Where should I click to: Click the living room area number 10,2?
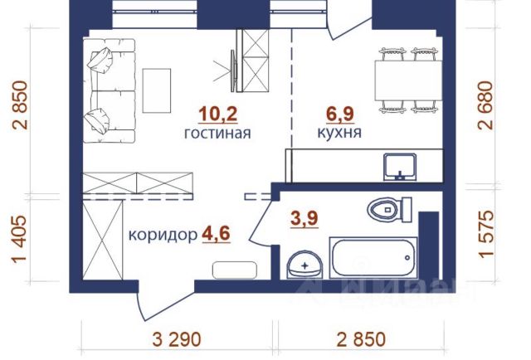217,114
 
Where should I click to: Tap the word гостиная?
217,133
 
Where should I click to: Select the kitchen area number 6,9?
339,114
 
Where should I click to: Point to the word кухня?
339,133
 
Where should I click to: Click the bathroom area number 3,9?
304,218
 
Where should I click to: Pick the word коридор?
163,235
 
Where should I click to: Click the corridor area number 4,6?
216,234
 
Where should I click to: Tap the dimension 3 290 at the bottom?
177,340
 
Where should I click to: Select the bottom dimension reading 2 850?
361,340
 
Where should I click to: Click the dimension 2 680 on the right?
485,105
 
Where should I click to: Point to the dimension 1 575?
486,235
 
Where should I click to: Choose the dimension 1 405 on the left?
19,240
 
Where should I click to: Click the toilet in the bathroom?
389,210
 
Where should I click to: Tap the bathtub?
373,258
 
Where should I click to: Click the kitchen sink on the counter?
400,167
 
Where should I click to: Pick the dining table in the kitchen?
408,80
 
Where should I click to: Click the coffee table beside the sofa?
157,90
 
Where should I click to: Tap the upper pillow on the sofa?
100,60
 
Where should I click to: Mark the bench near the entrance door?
234,270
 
